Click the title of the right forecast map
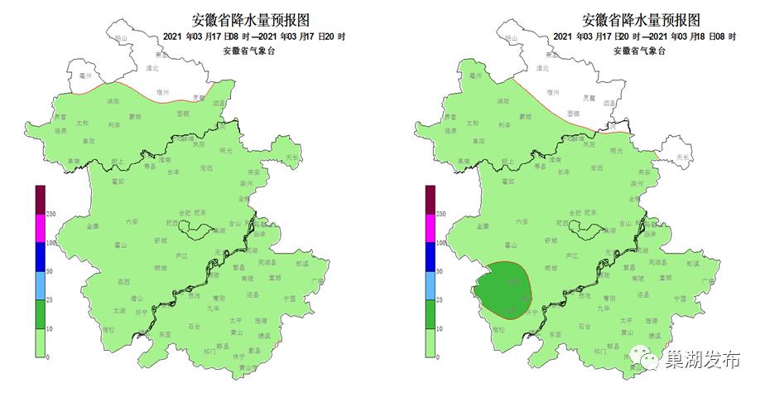(642, 19)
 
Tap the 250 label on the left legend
(51, 214)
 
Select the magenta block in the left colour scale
(40, 228)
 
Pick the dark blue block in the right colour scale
(430, 257)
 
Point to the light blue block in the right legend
(430, 286)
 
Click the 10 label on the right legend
(440, 329)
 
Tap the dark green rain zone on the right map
(504, 289)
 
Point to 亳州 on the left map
(83, 75)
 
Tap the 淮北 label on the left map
(152, 70)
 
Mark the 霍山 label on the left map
(121, 245)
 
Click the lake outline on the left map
(200, 229)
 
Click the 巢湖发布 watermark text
(701, 360)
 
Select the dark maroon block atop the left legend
(40, 199)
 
